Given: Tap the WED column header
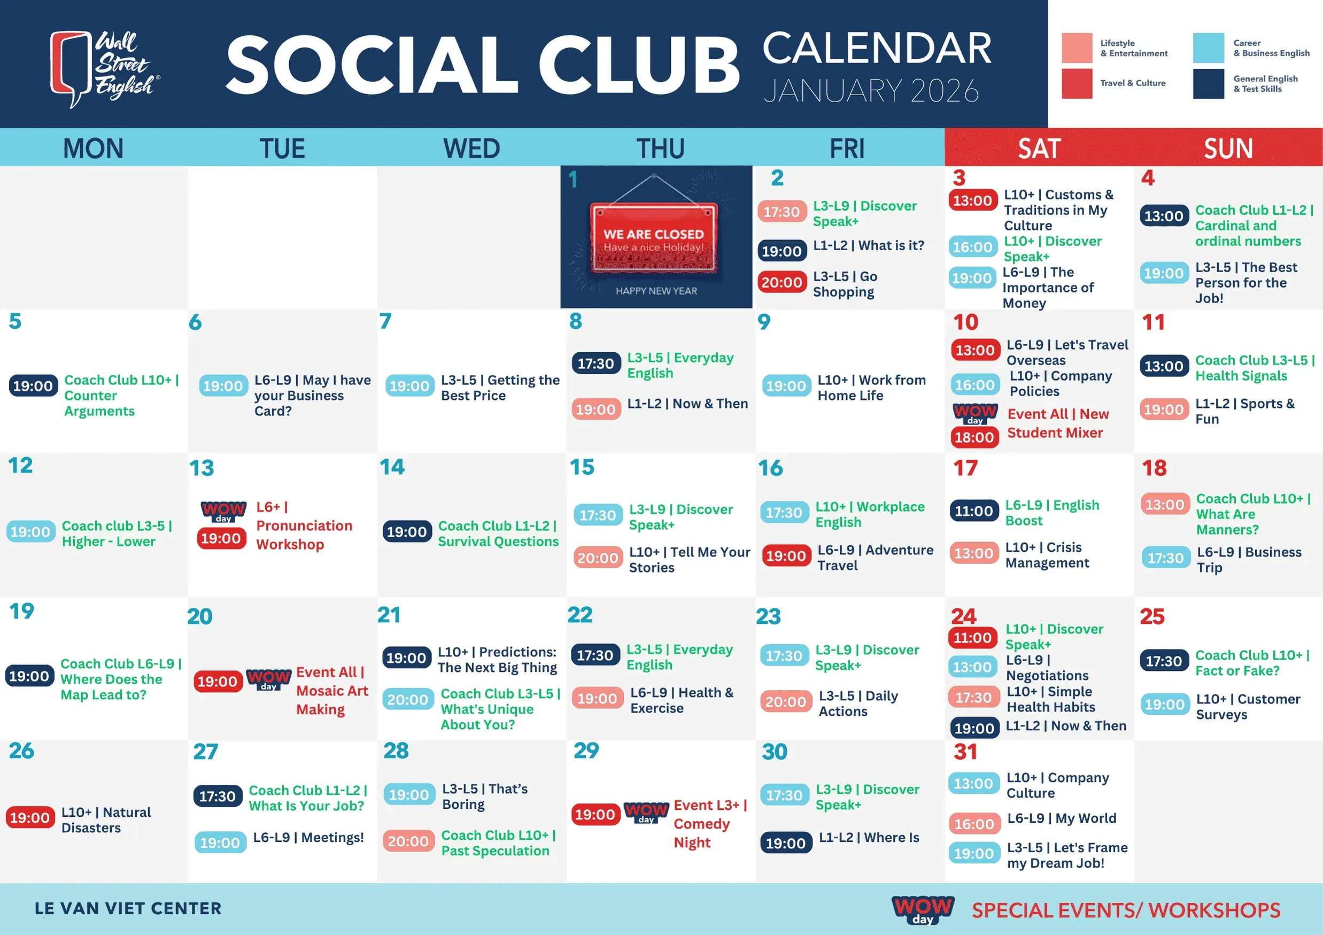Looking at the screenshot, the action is click(x=471, y=149).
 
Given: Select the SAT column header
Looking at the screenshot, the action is click(x=1039, y=149).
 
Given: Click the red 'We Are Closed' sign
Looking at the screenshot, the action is click(x=653, y=237).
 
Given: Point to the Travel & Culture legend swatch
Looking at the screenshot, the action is click(x=1077, y=83).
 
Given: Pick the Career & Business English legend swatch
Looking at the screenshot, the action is click(x=1208, y=48).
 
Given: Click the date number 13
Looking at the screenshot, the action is click(x=202, y=468).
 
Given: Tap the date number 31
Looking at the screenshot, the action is click(x=965, y=752).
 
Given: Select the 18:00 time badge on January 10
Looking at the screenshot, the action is click(x=974, y=437).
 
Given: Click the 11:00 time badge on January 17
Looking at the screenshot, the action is click(x=974, y=511).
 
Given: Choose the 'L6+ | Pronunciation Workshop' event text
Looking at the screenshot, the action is click(x=304, y=526).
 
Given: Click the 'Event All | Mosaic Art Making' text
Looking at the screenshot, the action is click(x=332, y=691).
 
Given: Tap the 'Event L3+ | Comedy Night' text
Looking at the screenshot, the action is click(x=710, y=824).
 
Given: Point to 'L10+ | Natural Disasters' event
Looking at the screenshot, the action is click(x=106, y=820).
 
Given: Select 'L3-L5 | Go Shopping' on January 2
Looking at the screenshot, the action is click(x=845, y=284).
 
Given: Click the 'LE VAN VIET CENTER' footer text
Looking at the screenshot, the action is click(x=128, y=908).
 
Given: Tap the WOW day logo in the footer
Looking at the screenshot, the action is click(x=923, y=910).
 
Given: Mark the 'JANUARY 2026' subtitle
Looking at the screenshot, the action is click(x=871, y=90).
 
